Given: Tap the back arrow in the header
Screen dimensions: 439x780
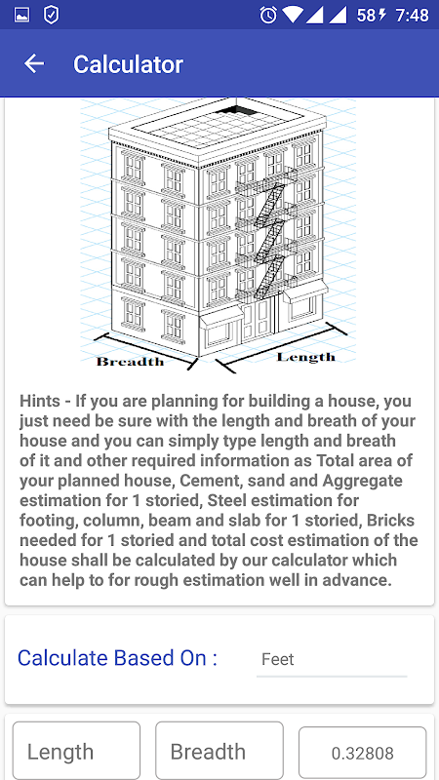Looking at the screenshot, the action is (34, 63).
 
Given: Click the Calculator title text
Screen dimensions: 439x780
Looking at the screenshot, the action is (128, 64).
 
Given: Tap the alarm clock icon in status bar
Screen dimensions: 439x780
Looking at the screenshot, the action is (268, 15).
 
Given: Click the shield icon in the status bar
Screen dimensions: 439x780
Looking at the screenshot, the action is (52, 15).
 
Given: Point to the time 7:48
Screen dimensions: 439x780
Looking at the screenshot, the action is (412, 16).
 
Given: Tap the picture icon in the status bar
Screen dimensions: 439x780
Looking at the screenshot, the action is (21, 16).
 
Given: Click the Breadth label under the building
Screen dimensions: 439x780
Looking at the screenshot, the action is (131, 362).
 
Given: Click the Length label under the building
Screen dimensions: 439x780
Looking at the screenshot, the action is (306, 357).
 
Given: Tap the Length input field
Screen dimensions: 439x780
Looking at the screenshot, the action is (77, 751).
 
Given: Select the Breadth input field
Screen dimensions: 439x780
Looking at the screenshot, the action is (219, 751).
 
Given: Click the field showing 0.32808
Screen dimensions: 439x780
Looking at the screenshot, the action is (363, 752).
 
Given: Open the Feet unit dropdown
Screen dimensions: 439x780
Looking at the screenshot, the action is (332, 660).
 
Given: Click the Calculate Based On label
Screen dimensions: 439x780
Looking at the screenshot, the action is (117, 657).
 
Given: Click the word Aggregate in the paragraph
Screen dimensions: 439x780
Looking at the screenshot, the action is (362, 482).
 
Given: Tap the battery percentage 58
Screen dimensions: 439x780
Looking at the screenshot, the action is (366, 16).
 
